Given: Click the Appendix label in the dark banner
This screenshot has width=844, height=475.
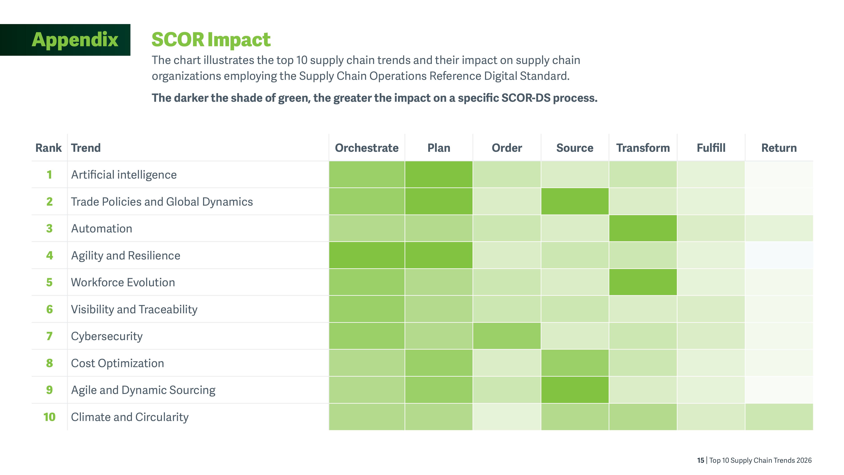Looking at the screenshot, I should click(75, 40).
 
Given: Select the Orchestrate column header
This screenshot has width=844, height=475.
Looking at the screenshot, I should click(367, 148).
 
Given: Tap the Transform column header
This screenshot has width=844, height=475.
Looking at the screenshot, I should click(643, 148).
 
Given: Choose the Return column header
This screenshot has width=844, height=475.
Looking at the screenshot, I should click(779, 148).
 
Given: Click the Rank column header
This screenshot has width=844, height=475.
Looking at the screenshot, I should click(49, 148).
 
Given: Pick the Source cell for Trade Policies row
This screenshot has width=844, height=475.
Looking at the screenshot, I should click(575, 201).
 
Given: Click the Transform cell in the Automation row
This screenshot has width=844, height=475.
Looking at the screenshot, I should click(643, 228).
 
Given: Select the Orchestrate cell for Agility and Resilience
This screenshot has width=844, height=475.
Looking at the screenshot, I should click(367, 255).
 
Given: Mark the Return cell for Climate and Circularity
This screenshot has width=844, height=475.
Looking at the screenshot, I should click(779, 417).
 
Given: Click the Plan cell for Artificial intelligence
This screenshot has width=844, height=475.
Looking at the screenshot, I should click(439, 174).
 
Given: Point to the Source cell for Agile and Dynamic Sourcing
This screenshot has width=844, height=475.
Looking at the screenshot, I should click(575, 390).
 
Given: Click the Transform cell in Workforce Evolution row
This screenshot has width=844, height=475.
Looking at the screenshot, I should click(643, 282).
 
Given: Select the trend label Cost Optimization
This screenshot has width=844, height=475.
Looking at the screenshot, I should click(117, 363).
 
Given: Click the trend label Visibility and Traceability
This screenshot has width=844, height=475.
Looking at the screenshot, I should click(134, 309).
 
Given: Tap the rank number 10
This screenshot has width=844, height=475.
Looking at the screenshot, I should click(49, 417).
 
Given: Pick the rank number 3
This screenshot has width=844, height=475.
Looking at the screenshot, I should click(49, 228).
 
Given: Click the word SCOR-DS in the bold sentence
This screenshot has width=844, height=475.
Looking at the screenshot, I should click(526, 98).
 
